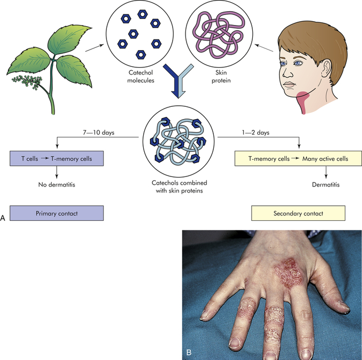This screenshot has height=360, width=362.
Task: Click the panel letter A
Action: tap(4, 219)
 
